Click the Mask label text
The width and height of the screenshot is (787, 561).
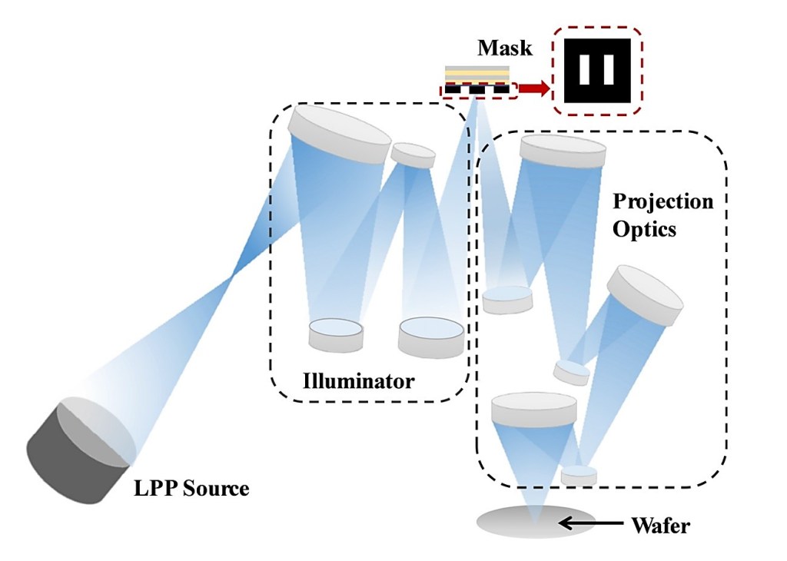coord(504,48)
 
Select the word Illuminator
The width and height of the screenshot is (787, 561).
coord(359,380)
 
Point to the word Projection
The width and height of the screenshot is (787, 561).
coord(663,201)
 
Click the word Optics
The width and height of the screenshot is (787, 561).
coord(645,229)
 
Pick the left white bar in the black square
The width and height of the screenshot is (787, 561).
coord(586,69)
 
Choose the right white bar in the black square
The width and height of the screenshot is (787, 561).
coord(608,69)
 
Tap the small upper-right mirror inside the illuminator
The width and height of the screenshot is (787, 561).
coord(413,154)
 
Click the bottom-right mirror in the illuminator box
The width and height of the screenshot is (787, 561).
coord(430,337)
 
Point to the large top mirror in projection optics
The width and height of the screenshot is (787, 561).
coord(562,152)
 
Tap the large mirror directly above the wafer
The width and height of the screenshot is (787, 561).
coord(534,410)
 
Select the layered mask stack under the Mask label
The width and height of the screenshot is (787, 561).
coord(477,80)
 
